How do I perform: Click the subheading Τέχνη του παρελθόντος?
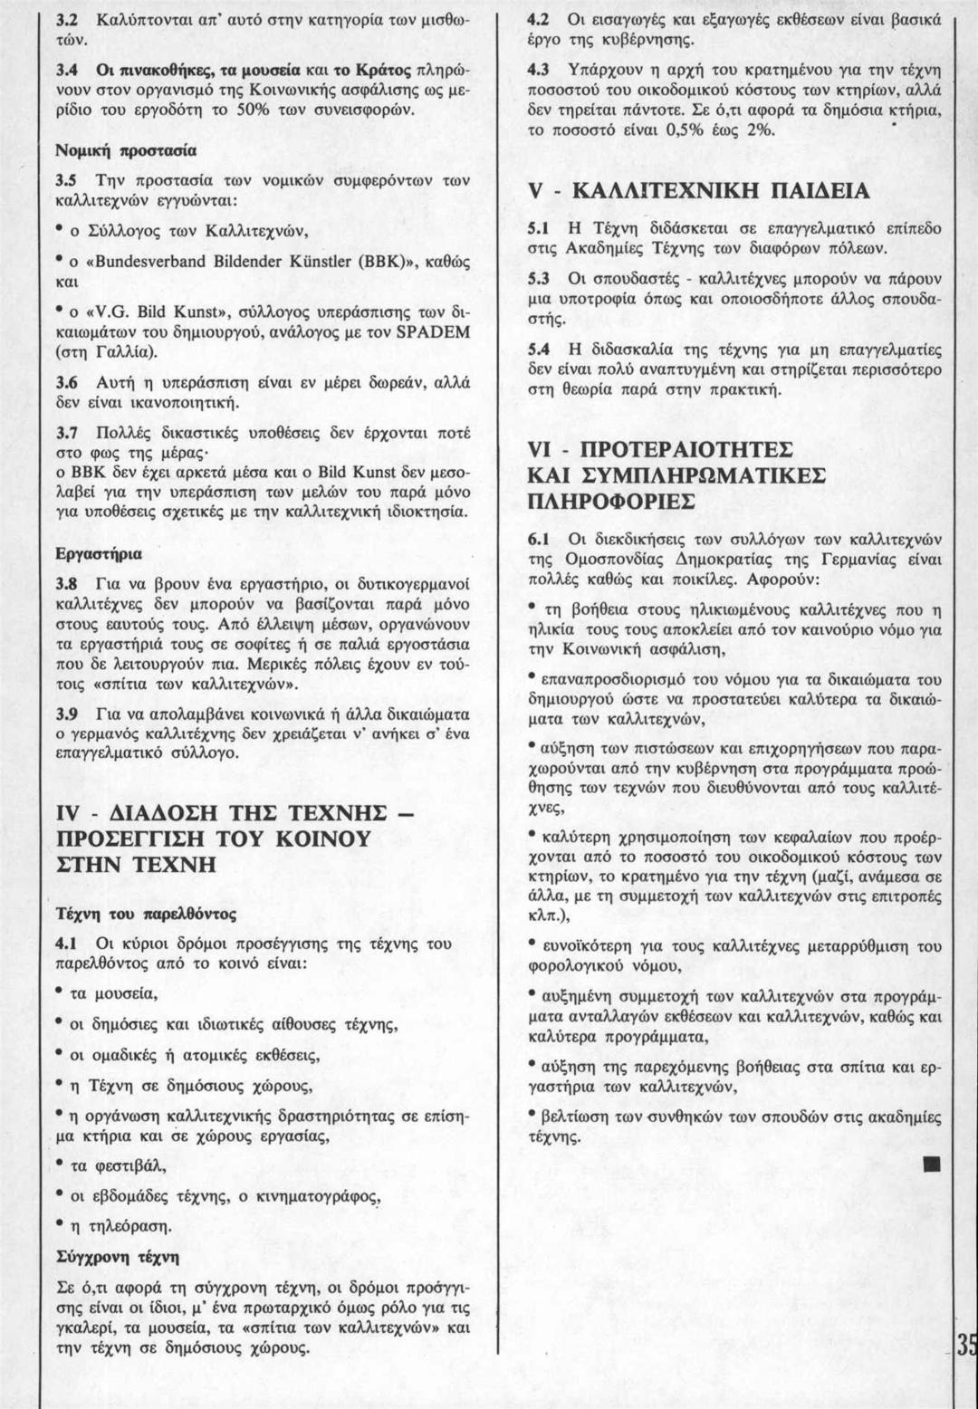click(x=146, y=913)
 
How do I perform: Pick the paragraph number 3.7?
click(x=68, y=433)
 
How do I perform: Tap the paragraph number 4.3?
click(x=540, y=70)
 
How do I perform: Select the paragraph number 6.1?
click(x=540, y=539)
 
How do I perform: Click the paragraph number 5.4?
click(x=540, y=350)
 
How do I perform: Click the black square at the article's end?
click(x=928, y=1163)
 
